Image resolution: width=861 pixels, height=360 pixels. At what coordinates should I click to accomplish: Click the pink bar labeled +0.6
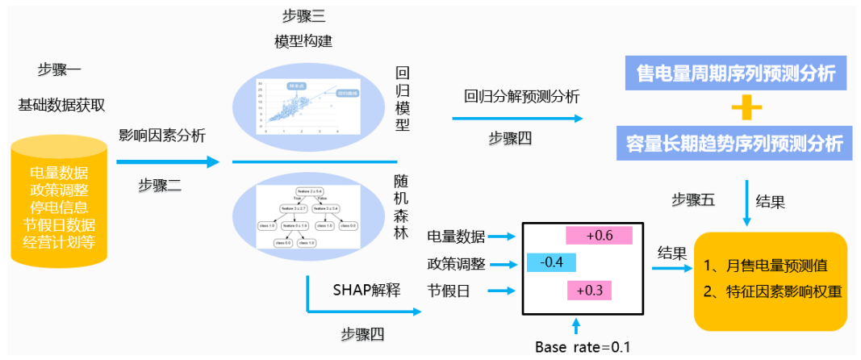click(599, 235)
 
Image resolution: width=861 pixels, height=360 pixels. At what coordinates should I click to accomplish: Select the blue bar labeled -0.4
click(551, 263)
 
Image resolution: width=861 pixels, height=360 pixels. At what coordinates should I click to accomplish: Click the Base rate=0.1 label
click(583, 347)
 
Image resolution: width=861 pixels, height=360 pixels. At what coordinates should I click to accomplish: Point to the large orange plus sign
click(735, 107)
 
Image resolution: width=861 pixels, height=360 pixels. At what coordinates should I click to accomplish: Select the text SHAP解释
click(366, 291)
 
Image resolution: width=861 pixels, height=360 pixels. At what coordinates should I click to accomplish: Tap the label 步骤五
click(693, 199)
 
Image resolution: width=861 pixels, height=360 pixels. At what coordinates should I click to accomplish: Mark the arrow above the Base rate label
click(575, 326)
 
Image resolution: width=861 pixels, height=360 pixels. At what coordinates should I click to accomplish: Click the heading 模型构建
click(303, 41)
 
